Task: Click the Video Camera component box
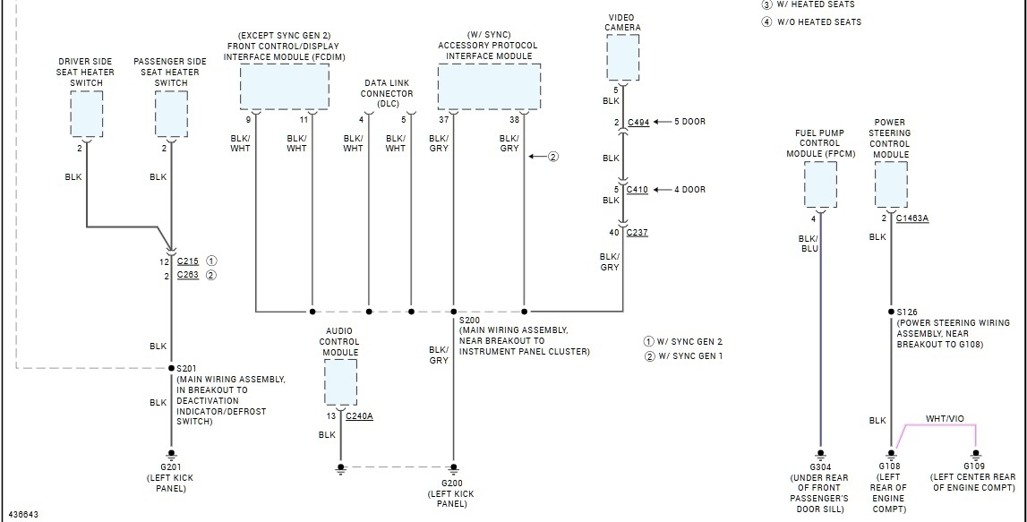622,57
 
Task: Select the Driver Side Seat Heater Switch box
87,114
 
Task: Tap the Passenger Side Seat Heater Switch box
171,114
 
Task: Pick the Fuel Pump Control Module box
820,184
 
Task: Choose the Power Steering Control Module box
890,184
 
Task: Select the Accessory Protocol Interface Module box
489,87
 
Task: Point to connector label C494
638,122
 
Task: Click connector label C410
638,190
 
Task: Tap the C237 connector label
638,233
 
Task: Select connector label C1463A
912,218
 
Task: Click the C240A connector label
359,416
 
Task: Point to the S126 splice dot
891,312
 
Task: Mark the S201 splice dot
171,368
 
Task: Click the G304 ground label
819,466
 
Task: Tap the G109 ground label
974,466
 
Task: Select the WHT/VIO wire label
945,419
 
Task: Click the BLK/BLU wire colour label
809,244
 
